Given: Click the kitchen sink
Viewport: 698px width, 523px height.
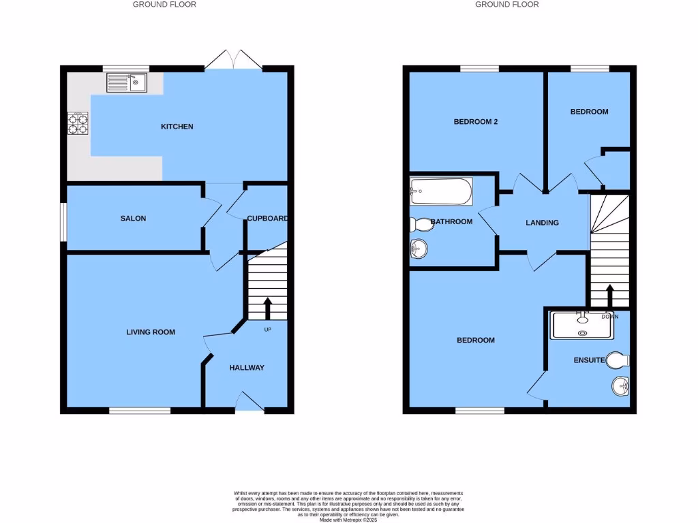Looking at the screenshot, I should pos(127,84).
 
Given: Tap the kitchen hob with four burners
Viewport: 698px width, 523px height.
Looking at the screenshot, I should pos(77,123).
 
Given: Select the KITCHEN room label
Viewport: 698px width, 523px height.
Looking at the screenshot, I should pos(177,127).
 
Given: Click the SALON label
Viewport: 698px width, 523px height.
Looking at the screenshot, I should pos(133,219).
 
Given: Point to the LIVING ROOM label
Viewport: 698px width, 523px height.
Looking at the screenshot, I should pos(151,332).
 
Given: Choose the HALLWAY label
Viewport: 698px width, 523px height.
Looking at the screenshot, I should pos(247,368).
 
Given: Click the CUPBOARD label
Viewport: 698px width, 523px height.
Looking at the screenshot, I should pos(267,219).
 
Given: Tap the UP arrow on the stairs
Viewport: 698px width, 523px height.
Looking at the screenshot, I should pos(267,308).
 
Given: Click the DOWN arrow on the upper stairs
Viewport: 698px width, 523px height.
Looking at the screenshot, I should pos(609,296).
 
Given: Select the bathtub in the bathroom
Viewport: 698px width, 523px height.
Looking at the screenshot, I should pos(442,191).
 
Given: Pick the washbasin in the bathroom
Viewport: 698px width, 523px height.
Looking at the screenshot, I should pos(419,250).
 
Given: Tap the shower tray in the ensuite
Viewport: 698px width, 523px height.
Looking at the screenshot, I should pos(582,326).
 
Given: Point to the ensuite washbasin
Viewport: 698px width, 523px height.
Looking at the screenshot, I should pos(620,387).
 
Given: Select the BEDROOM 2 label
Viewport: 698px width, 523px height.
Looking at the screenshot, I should pos(476,122).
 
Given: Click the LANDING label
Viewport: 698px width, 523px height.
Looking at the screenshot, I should pos(543,223).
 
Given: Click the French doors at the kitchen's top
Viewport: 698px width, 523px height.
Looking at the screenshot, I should pos(233,62).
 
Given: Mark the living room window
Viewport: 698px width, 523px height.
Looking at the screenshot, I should pos(140,411).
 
